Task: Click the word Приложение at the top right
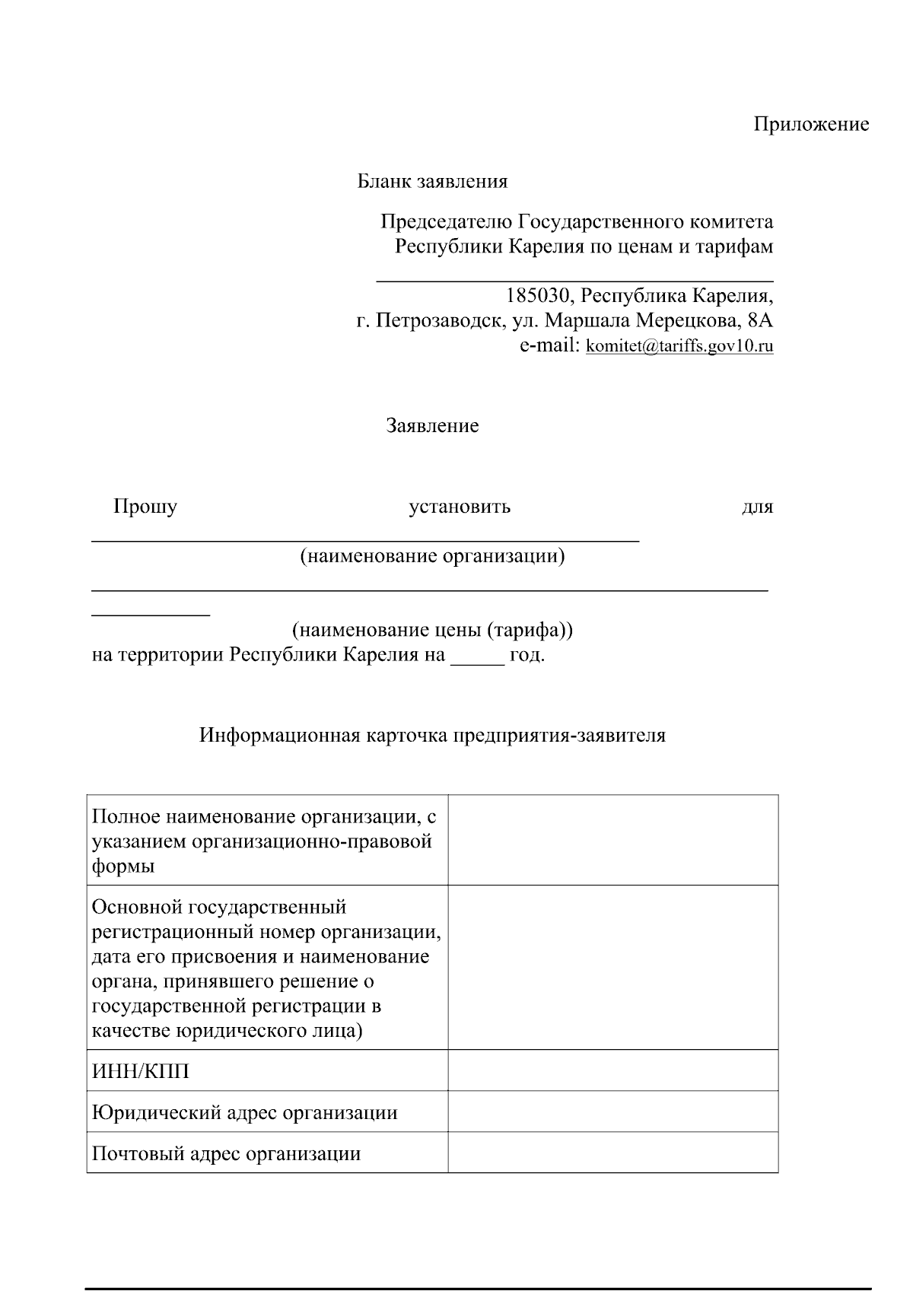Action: (x=811, y=124)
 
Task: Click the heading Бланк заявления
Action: (x=432, y=181)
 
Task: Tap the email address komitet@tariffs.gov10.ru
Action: (x=679, y=346)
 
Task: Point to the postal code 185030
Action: (x=537, y=296)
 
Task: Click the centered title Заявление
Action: (x=432, y=425)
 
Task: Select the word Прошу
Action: (x=145, y=507)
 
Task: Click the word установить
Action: (x=460, y=507)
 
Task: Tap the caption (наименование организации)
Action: (x=432, y=556)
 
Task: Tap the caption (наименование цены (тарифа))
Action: (x=432, y=630)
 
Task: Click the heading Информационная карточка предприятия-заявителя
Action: (x=432, y=736)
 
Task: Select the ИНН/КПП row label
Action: (x=141, y=1072)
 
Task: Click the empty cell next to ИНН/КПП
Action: (x=612, y=1070)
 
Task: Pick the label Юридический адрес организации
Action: (x=244, y=1113)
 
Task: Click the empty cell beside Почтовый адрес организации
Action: (x=612, y=1153)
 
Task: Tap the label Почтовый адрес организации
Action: (x=226, y=1154)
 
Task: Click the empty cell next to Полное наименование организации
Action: (x=612, y=840)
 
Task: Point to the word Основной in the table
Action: (x=136, y=908)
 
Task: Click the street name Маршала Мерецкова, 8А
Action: (x=658, y=321)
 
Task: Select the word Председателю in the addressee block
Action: (x=446, y=222)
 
